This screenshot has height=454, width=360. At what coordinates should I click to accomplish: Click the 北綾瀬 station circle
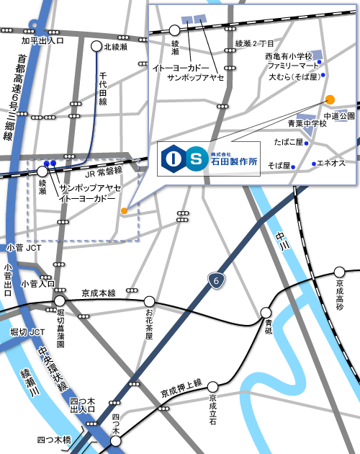[x=96, y=47]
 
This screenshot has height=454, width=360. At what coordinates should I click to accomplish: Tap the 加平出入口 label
[x=42, y=40]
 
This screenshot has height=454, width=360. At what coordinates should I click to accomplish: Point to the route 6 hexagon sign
[x=213, y=279]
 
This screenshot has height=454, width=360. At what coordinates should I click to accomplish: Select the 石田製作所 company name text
[x=234, y=162]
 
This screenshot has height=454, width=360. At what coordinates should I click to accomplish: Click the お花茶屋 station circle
[x=149, y=301]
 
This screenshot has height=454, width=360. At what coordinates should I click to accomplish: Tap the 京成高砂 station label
[x=340, y=295]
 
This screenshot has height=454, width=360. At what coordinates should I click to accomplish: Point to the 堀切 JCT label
[x=27, y=331]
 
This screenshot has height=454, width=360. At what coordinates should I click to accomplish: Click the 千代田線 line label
[x=103, y=88]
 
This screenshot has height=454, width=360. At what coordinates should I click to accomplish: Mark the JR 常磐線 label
[x=104, y=174]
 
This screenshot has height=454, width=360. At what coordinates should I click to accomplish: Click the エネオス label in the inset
[x=332, y=164]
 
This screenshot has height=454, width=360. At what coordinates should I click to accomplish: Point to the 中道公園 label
[x=338, y=116]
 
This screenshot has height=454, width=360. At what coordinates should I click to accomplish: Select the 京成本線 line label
[x=99, y=293]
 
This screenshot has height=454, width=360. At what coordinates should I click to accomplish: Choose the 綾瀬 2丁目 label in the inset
[x=256, y=44]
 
